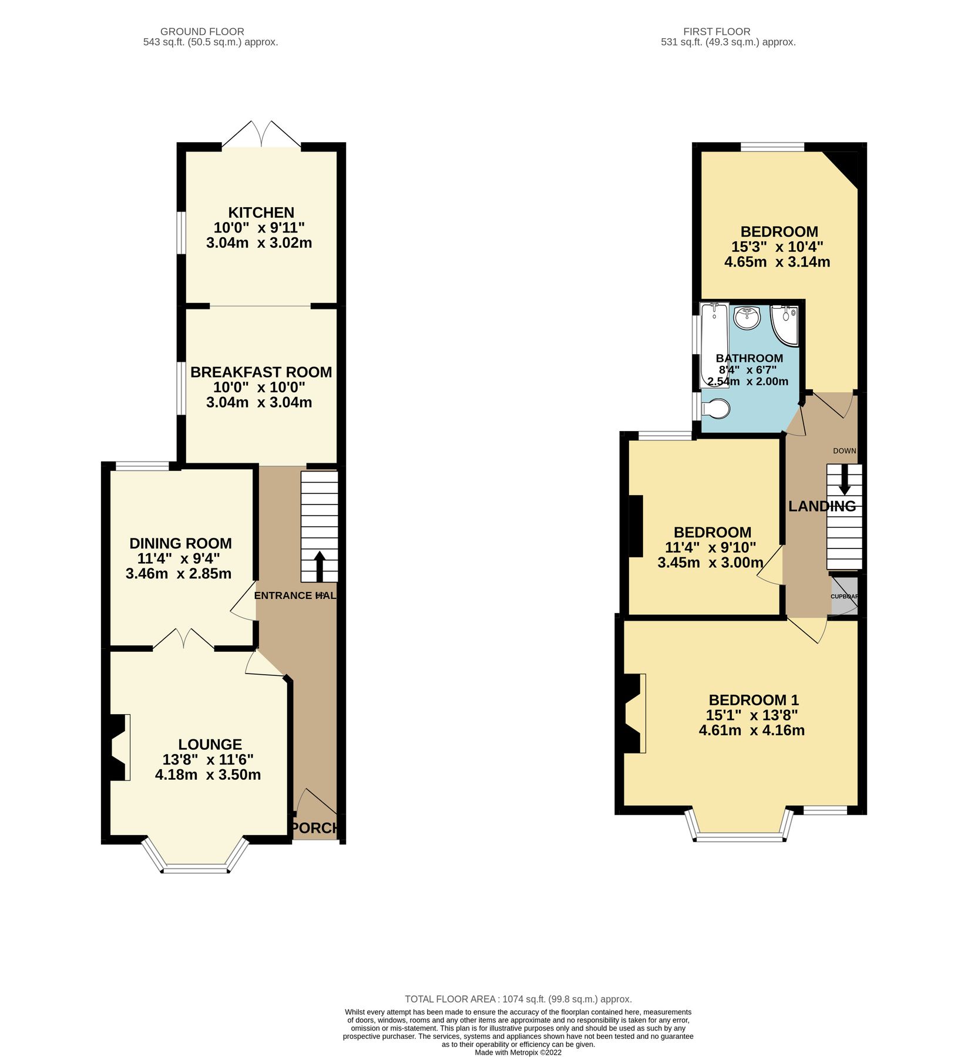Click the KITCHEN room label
point(261,213)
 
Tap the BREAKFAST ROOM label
point(261,372)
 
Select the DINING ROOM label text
point(180,543)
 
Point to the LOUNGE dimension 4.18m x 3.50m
point(208,775)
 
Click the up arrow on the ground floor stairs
point(320,565)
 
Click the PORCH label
point(315,828)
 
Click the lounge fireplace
point(120,747)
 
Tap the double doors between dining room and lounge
point(183,639)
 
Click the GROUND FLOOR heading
point(202,32)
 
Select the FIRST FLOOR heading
point(717,32)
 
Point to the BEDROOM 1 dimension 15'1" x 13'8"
point(752,715)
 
